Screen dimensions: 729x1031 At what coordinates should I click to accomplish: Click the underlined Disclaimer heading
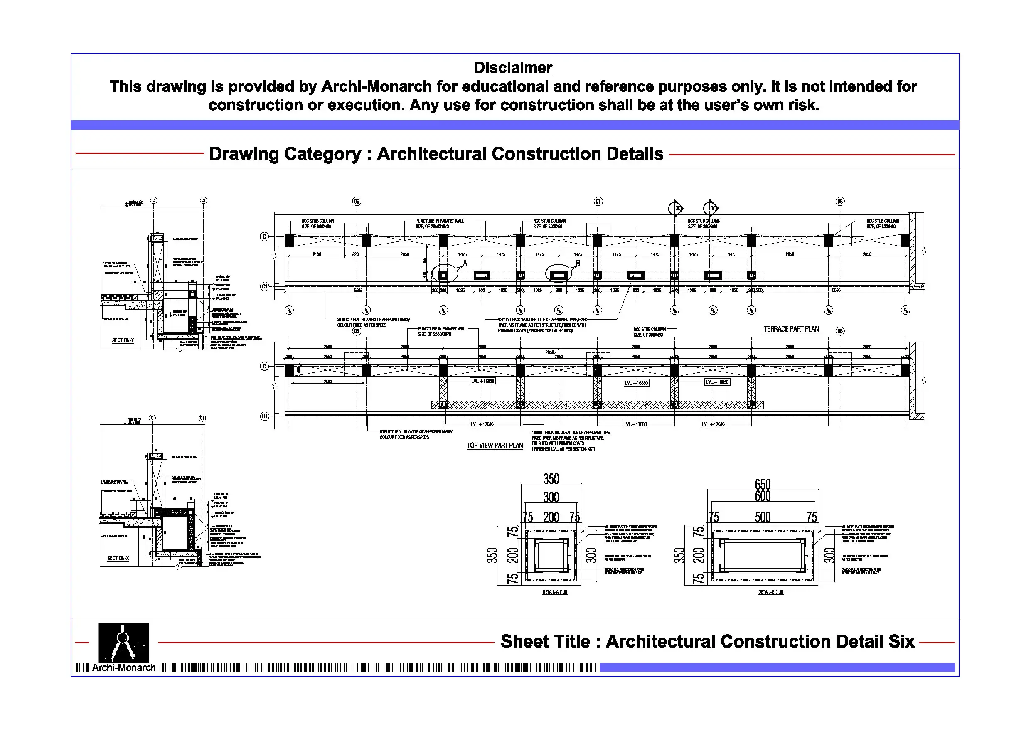[x=512, y=68]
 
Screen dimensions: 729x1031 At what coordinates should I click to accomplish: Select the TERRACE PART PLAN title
[x=791, y=329]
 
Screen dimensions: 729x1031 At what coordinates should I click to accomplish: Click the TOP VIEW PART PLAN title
[x=495, y=446]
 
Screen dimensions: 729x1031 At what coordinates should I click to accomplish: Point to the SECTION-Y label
[x=123, y=340]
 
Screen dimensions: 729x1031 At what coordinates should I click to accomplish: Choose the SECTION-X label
[x=118, y=558]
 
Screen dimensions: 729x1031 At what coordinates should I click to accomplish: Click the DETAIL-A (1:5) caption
[x=555, y=592]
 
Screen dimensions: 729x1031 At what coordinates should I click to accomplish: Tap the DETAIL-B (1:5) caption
[x=770, y=592]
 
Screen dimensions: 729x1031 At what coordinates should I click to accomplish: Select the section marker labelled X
[x=677, y=208]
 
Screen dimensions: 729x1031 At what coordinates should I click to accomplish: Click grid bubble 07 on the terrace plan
[x=598, y=202]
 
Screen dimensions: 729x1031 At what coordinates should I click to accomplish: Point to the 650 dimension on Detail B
[x=763, y=484]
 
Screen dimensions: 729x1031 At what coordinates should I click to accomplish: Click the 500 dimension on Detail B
[x=763, y=517]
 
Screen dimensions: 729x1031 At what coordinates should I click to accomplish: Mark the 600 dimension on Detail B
[x=763, y=496]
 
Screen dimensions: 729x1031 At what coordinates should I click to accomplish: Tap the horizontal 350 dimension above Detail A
[x=551, y=479]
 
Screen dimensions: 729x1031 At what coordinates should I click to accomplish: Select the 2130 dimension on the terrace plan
[x=317, y=255]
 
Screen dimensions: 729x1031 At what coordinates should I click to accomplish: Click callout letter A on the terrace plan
[x=465, y=263]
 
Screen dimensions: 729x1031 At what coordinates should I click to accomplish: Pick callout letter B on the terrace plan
[x=578, y=263]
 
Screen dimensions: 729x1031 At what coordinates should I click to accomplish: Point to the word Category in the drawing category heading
[x=316, y=154]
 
